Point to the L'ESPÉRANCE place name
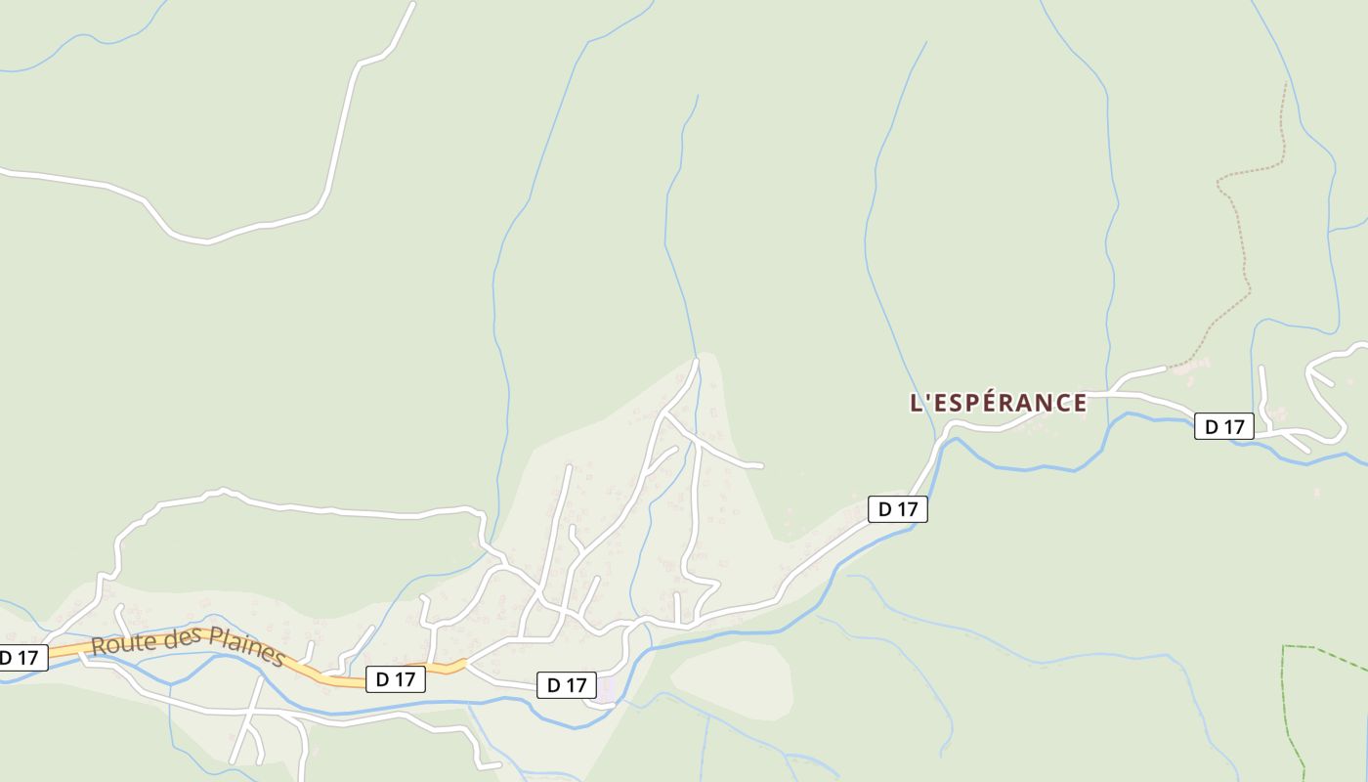click(998, 403)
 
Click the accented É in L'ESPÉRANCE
click(981, 402)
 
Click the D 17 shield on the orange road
click(396, 679)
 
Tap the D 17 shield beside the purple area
click(566, 685)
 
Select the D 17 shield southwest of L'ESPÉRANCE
click(897, 509)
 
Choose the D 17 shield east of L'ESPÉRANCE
click(1223, 427)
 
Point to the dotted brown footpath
click(1245, 254)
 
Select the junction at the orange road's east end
click(466, 664)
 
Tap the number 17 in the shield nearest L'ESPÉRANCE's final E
click(1234, 427)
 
